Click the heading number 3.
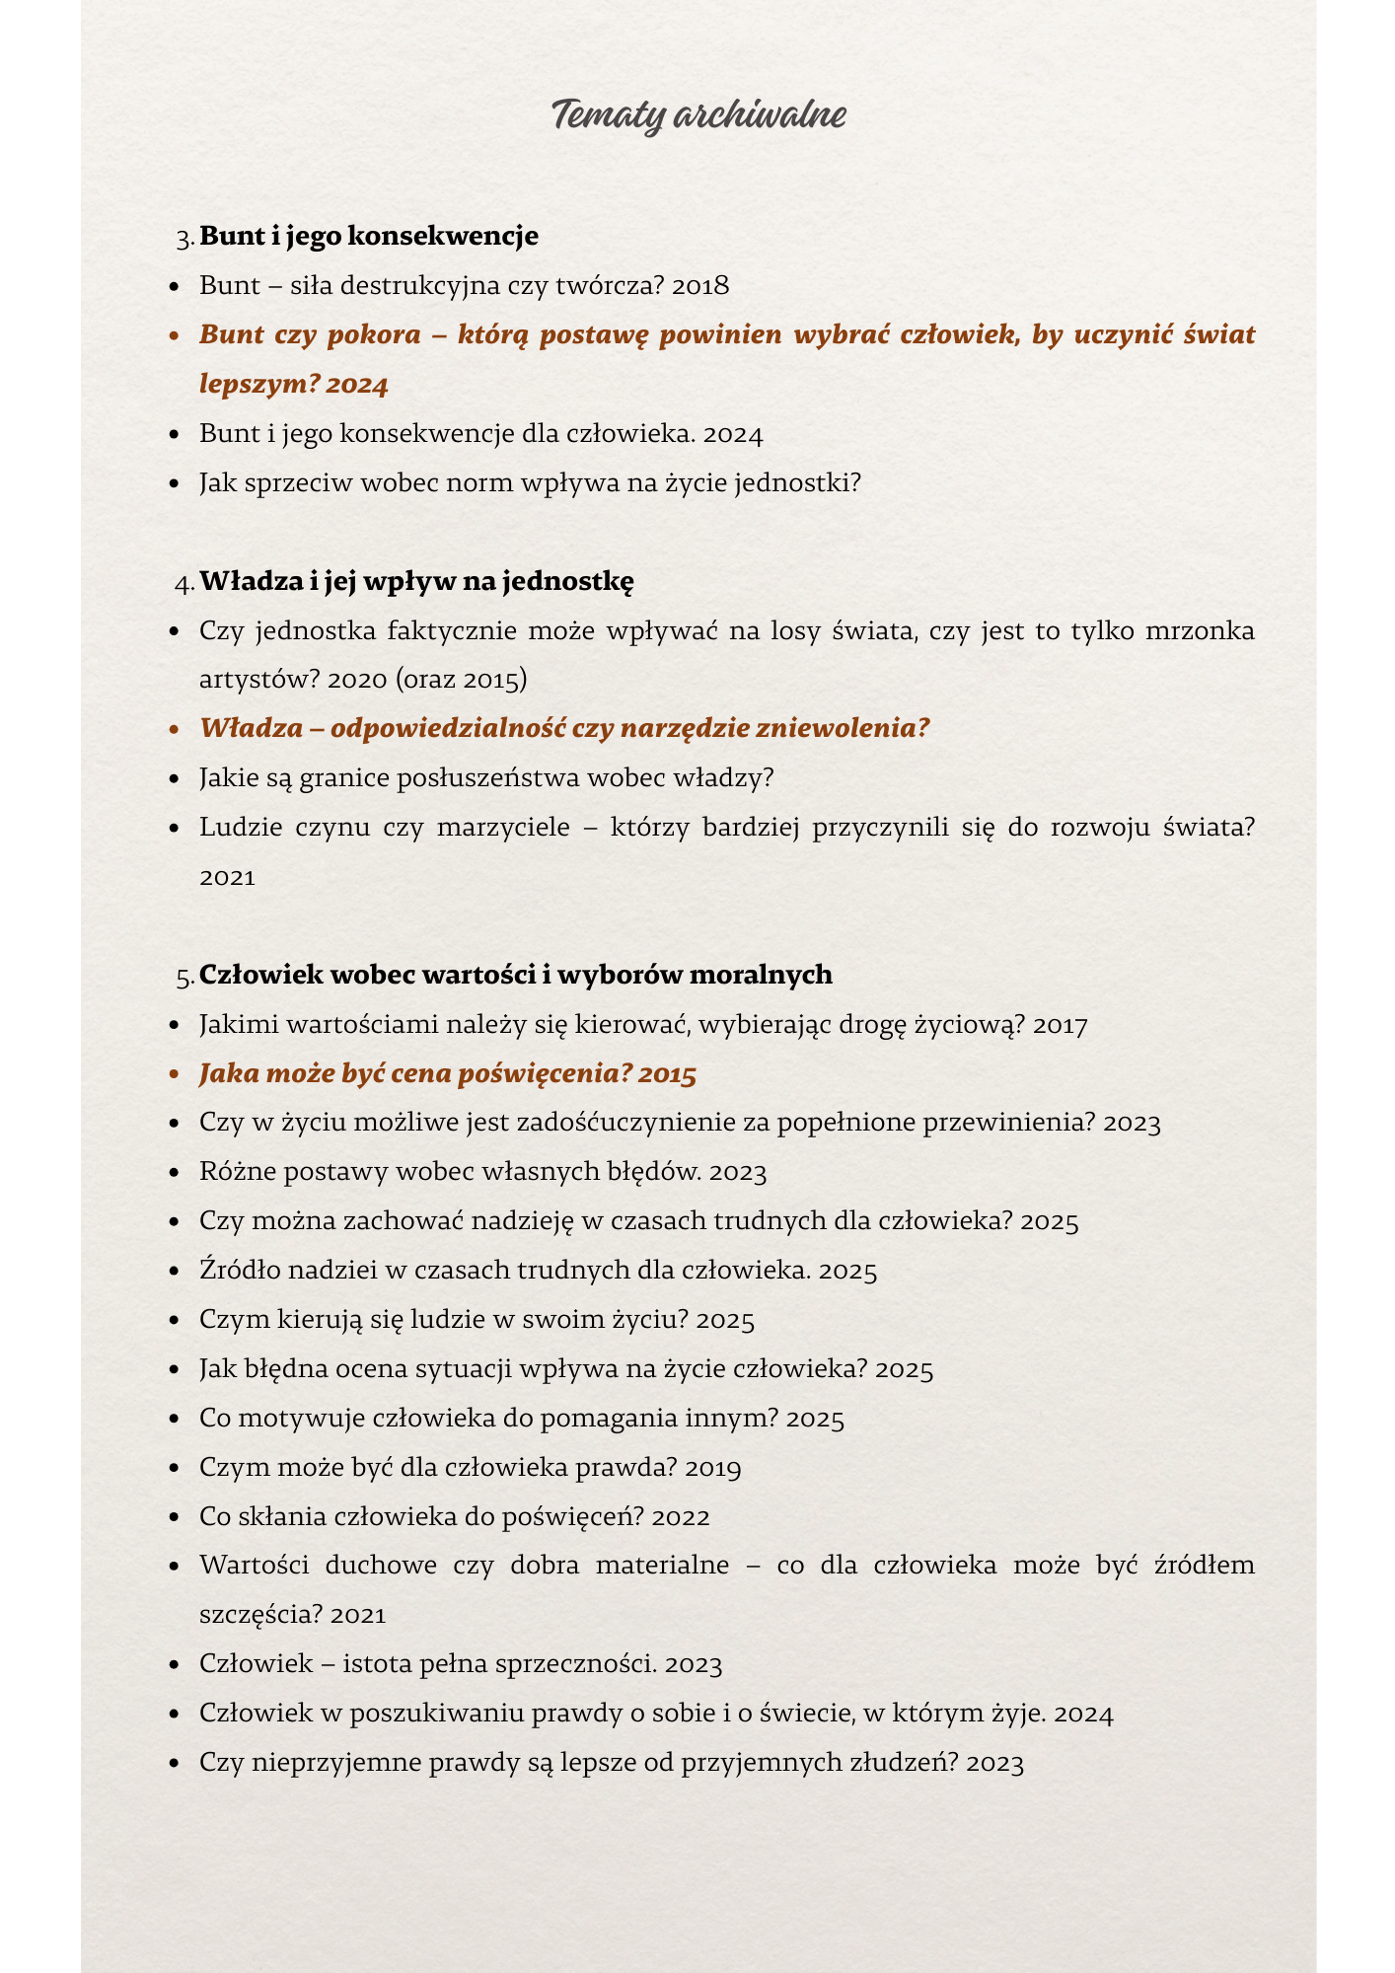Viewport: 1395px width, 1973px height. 184,238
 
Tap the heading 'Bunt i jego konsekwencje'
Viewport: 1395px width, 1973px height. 369,236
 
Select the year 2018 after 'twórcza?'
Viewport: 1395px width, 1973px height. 699,286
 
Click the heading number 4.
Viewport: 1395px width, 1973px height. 184,583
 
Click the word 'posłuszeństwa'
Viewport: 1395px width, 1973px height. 488,778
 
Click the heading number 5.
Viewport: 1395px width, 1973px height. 184,977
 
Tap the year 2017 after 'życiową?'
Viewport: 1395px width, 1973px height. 1061,1026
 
